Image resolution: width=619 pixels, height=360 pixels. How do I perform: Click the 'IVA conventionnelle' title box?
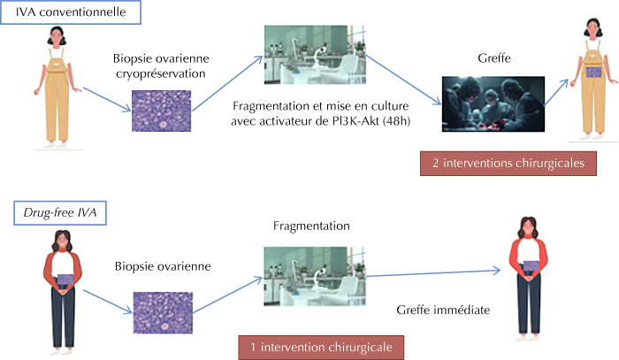(71, 12)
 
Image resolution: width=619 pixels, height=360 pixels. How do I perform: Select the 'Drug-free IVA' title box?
(60, 213)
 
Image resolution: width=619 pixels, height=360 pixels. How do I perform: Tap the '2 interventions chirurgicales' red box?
(508, 164)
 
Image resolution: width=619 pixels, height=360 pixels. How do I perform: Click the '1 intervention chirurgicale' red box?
(321, 348)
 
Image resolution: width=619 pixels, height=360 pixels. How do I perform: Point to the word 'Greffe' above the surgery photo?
(494, 58)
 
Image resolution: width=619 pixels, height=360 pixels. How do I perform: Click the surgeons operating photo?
(493, 103)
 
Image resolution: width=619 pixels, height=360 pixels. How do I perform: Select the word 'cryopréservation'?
(161, 73)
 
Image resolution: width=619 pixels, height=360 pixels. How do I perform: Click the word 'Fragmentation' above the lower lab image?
(311, 226)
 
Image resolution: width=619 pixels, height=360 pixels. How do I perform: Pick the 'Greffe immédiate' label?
(443, 310)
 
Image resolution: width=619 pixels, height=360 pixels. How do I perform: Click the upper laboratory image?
(315, 55)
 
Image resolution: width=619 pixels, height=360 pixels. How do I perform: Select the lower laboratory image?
(315, 276)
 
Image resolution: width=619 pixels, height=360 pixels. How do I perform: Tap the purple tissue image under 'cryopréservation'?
(162, 111)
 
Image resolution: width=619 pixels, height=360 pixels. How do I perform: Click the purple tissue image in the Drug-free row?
(163, 312)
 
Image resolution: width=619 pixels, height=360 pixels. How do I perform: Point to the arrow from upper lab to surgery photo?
(403, 80)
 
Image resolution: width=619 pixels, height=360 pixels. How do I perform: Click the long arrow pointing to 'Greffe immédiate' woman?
(433, 273)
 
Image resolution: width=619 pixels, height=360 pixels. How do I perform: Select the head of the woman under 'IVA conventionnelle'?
(57, 36)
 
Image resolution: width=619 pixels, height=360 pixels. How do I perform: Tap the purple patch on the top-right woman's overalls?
(593, 73)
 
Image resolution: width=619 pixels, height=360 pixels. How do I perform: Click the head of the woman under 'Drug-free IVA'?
(63, 241)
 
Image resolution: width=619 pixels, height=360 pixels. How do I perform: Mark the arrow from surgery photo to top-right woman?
(556, 92)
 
